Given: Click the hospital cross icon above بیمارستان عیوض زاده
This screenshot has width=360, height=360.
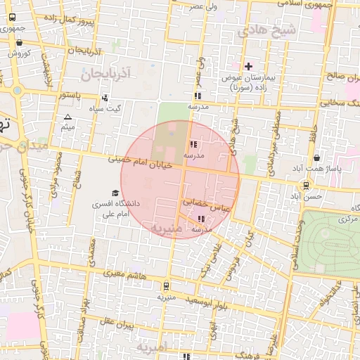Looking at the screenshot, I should (248, 66).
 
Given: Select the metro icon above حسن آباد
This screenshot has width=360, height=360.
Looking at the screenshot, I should (307, 186).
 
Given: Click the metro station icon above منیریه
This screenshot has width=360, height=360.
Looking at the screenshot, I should (165, 286).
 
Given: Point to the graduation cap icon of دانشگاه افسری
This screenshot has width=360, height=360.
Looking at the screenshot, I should (115, 193).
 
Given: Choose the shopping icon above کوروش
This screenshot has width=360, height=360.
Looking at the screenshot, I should (18, 43).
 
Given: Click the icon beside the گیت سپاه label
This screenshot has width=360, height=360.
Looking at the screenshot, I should (105, 98).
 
